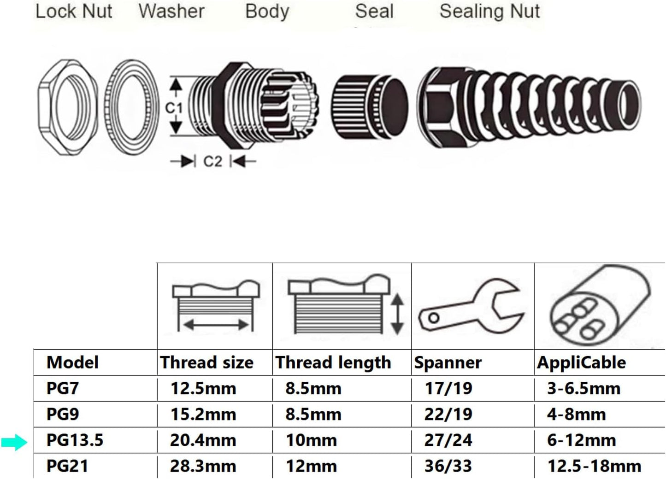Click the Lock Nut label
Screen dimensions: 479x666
74,11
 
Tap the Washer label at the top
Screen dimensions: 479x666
171,11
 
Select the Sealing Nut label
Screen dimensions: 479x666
489,11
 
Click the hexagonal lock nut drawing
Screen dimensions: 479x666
67,107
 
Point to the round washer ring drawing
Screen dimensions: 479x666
130,107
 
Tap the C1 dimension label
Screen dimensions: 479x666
174,108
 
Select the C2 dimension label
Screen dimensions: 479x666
212,162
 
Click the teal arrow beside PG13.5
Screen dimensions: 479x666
14,443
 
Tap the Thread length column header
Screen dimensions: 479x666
333,362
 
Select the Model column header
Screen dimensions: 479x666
72,362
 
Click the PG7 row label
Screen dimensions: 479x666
63,388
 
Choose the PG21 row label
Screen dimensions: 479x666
67,466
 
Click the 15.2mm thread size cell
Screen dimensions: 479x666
203,414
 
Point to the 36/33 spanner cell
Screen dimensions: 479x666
448,466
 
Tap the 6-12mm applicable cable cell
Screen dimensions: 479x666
581,440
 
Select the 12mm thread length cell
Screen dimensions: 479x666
311,466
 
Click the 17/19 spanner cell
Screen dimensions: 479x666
448,388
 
